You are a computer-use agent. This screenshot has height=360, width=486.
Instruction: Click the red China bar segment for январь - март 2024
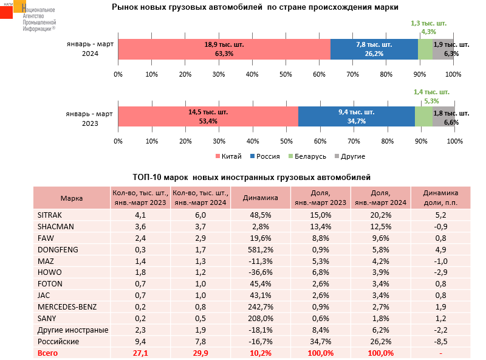point(224,49)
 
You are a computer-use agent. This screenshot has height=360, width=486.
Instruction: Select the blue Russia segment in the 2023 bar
point(356,117)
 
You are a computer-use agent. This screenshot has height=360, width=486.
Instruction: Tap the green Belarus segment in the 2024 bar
point(425,49)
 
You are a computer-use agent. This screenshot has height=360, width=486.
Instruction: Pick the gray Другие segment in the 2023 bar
point(443,117)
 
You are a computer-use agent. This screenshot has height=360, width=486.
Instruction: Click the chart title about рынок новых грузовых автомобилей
point(255,8)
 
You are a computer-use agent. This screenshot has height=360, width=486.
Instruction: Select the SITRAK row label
point(50,215)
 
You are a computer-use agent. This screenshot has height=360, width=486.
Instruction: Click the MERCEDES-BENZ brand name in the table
point(67,306)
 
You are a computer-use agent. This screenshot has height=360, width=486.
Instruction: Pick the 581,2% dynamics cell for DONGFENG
point(259,249)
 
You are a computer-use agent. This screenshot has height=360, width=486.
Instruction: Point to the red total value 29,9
point(200,353)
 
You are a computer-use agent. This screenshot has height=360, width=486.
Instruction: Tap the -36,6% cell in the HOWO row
point(259,272)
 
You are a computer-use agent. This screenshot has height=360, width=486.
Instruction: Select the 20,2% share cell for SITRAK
point(380,215)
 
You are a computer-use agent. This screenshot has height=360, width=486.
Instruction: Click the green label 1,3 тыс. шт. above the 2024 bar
point(428,23)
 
